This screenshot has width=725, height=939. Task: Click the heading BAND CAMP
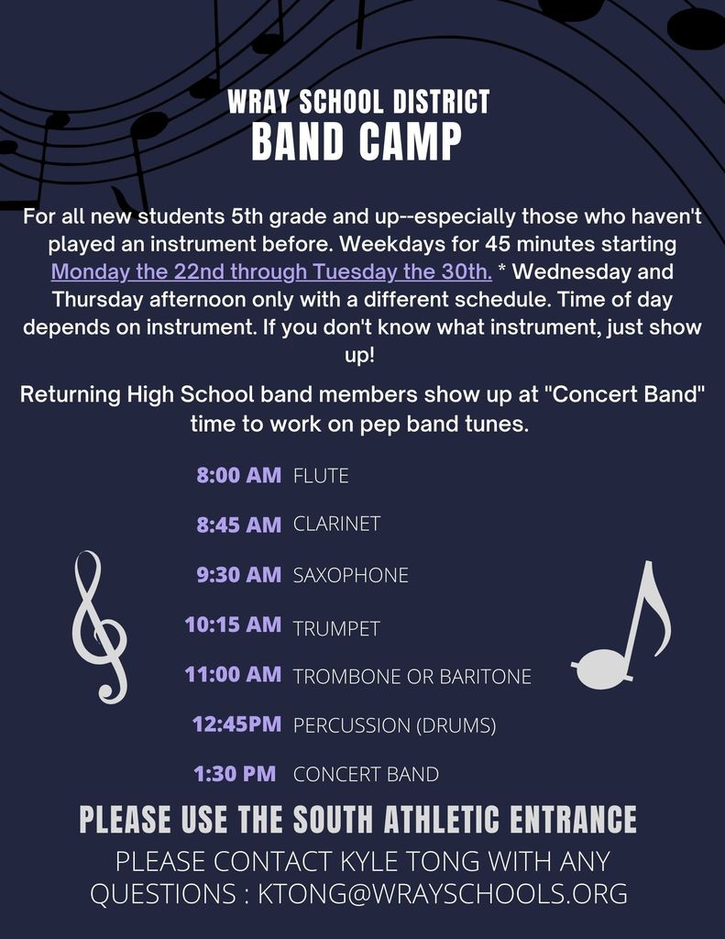(x=357, y=141)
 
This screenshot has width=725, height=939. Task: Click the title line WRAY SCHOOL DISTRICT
(x=358, y=102)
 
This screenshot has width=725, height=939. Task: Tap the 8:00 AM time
(x=239, y=475)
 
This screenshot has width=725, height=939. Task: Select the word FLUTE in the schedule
(x=321, y=476)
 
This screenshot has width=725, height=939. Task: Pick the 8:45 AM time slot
(x=239, y=525)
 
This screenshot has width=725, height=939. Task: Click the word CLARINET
(x=336, y=524)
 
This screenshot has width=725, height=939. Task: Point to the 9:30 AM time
(x=239, y=574)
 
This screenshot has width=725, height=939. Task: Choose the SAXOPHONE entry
(x=351, y=576)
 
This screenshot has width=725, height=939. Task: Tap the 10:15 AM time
(x=233, y=624)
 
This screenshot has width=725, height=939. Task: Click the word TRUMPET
(x=336, y=629)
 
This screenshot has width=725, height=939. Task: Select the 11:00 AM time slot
(x=233, y=674)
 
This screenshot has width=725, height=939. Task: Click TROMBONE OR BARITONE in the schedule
(x=412, y=677)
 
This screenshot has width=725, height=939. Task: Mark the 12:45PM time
(x=236, y=724)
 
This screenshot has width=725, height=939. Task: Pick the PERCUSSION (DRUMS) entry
(x=394, y=726)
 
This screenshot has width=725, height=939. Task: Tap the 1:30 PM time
(x=235, y=774)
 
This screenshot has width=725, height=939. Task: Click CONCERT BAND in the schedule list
(x=366, y=774)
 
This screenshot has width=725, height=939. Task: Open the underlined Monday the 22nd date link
(x=271, y=271)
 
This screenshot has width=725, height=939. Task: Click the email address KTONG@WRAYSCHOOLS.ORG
(x=443, y=893)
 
